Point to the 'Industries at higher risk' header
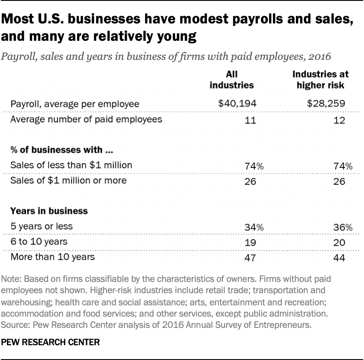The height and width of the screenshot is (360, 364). [x=320, y=79]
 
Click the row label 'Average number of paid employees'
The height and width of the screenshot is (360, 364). [x=86, y=119]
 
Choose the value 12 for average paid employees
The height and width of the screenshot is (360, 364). [x=340, y=120]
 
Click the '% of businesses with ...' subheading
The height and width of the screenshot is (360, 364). [x=59, y=150]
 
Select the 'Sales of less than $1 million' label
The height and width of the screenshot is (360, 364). [x=71, y=165]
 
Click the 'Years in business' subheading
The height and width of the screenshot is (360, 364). [x=49, y=211]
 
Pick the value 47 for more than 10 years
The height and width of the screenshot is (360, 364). [x=250, y=258]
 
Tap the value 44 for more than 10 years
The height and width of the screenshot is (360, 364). [x=340, y=258]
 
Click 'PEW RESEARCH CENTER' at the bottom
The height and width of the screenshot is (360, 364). [x=51, y=342]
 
